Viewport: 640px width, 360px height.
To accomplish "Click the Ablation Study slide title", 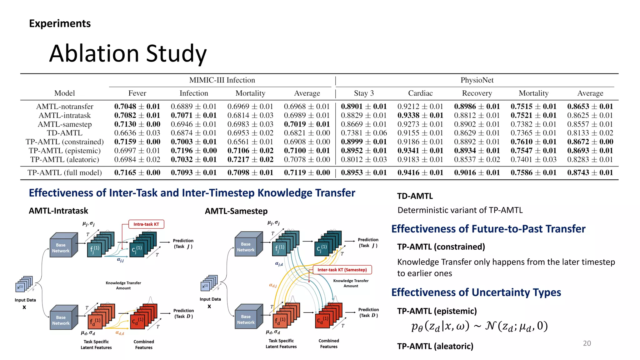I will pyautogui.click(x=128, y=53).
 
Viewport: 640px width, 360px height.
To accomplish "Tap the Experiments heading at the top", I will pyautogui.click(x=60, y=23).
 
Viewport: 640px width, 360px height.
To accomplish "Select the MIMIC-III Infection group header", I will pyautogui.click(x=222, y=80).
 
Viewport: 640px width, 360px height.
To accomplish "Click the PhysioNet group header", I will pyautogui.click(x=477, y=80).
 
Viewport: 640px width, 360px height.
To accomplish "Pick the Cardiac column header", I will pyautogui.click(x=420, y=93).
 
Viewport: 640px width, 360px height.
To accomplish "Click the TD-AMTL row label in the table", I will pyautogui.click(x=65, y=133).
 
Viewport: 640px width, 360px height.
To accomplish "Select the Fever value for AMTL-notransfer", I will pyautogui.click(x=137, y=107).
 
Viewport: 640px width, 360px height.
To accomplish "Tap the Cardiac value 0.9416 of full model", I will pyautogui.click(x=420, y=172).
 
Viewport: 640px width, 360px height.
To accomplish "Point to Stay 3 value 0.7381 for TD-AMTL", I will pyautogui.click(x=364, y=133).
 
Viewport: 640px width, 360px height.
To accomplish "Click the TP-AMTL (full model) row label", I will pyautogui.click(x=65, y=172).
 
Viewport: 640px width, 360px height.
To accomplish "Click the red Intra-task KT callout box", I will pyautogui.click(x=146, y=224).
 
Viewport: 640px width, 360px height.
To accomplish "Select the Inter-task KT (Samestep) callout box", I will pyautogui.click(x=342, y=270).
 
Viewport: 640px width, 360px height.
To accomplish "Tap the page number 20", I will pyautogui.click(x=587, y=343).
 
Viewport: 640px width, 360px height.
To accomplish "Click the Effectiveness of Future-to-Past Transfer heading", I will pyautogui.click(x=488, y=229).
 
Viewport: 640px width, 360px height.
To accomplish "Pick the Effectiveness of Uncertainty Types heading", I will pyautogui.click(x=476, y=292).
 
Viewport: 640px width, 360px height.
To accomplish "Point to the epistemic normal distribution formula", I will pyautogui.click(x=479, y=326).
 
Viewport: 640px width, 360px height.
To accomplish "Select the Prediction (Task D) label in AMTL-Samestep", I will pyautogui.click(x=368, y=312).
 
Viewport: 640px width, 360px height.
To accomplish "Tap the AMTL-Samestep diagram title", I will pyautogui.click(x=236, y=211).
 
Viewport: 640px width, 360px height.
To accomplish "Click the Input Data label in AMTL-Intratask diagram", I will pyautogui.click(x=25, y=300).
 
